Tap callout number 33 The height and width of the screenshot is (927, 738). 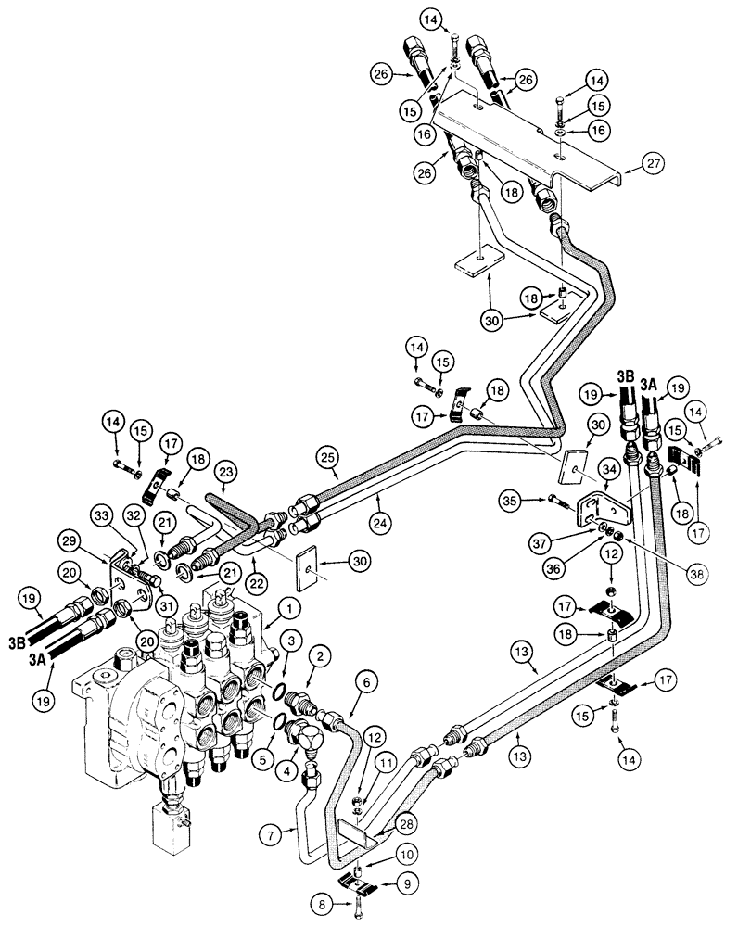point(103,514)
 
